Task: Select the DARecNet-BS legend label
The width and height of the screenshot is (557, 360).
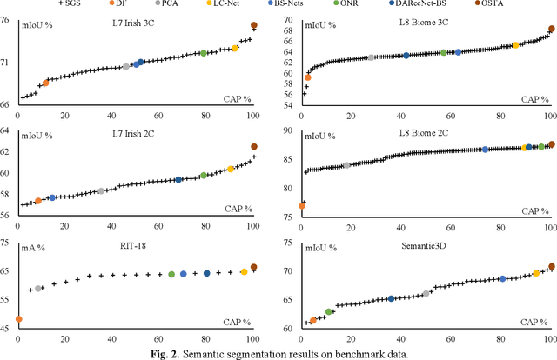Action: click(x=439, y=5)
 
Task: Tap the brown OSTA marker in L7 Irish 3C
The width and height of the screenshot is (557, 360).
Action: click(x=253, y=26)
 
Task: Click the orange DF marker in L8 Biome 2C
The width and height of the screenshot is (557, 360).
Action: click(x=301, y=206)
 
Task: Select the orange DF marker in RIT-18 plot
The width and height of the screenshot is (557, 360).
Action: click(x=19, y=319)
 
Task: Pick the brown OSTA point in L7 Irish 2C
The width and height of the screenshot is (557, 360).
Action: click(x=253, y=147)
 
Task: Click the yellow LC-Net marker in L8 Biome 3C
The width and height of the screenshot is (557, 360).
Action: click(x=515, y=45)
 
